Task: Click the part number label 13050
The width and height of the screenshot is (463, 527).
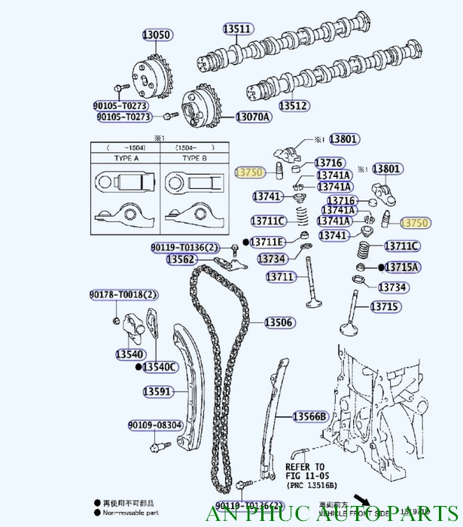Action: (158, 35)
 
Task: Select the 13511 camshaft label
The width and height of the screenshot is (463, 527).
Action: (236, 29)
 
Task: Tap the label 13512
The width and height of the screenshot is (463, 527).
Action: (294, 106)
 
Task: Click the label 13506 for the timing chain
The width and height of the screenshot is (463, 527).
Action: (279, 323)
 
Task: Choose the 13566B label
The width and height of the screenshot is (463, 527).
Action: (310, 416)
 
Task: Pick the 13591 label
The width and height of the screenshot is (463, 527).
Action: (159, 391)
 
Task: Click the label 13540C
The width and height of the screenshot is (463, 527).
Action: (159, 367)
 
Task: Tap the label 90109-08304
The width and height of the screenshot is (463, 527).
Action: (154, 425)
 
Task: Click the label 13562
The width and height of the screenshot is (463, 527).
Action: (181, 260)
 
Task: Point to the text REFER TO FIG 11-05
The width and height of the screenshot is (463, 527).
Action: (305, 471)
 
